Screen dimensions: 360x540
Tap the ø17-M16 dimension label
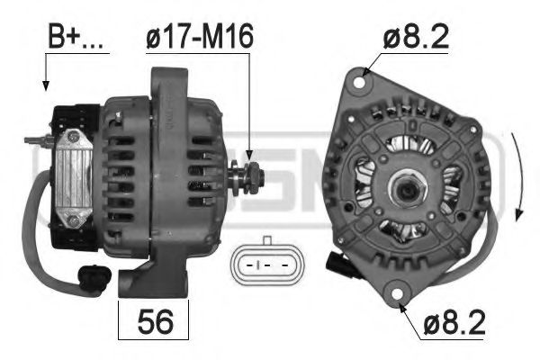200,37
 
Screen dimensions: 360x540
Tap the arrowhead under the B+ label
44,86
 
